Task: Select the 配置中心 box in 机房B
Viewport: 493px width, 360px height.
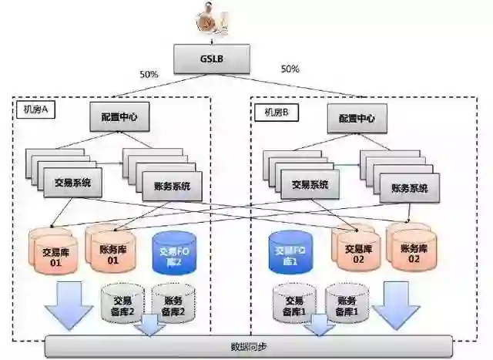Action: pyautogui.click(x=357, y=118)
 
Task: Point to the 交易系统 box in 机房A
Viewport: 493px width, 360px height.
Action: pyautogui.click(x=72, y=183)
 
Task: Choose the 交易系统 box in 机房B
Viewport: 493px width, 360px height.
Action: pyautogui.click(x=310, y=184)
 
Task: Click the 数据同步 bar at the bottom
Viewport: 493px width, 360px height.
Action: pyautogui.click(x=246, y=346)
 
